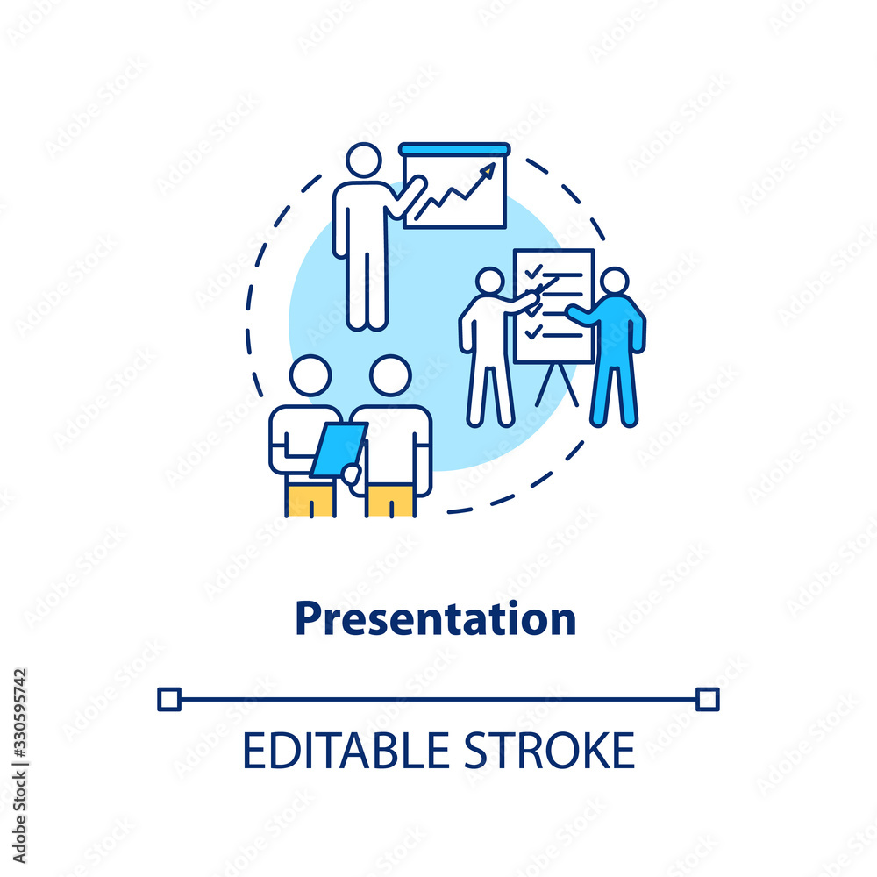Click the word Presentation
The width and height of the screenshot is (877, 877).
(436, 618)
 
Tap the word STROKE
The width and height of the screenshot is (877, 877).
(550, 751)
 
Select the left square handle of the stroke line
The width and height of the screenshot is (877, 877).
(169, 700)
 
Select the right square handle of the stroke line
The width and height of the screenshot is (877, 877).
(708, 700)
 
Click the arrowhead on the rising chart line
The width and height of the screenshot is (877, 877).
(488, 169)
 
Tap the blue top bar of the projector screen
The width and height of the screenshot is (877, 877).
(454, 149)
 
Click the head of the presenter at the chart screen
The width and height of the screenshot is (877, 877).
(364, 160)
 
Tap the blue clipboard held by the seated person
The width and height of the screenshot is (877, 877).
(339, 450)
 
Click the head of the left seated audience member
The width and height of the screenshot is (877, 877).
(310, 375)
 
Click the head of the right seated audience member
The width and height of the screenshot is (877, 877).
(390, 375)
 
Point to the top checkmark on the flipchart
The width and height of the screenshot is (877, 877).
(533, 272)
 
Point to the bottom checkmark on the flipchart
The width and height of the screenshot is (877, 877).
(533, 332)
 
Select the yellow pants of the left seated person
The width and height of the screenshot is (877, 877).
(310, 500)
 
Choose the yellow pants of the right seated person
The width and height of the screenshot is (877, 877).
(391, 501)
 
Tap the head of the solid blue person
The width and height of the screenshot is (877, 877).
(615, 281)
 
